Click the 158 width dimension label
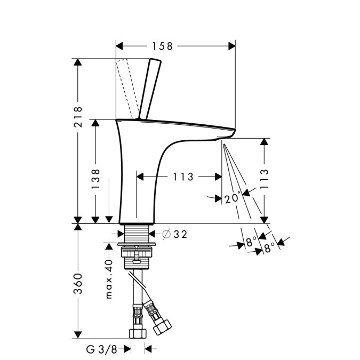[163, 46]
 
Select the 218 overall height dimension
[78, 117]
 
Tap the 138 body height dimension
[95, 179]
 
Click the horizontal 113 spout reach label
[183, 177]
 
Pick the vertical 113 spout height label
[264, 179]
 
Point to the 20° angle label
[233, 198]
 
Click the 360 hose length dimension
[78, 284]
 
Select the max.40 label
[109, 279]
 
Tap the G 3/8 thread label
[101, 349]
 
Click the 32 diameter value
[180, 235]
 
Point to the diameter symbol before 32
[166, 234]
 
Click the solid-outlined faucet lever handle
[150, 89]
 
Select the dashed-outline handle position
[127, 89]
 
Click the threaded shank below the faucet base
[137, 233]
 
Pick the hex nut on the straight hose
[138, 333]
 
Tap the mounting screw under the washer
[137, 255]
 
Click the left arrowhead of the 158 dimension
[119, 46]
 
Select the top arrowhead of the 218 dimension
[78, 62]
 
